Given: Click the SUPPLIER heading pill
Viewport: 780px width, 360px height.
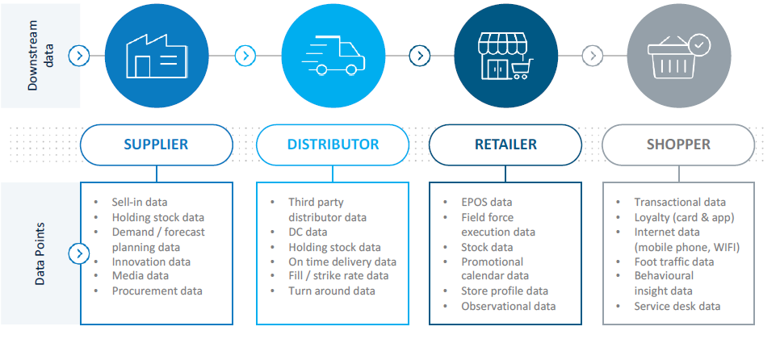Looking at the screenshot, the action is [156, 144].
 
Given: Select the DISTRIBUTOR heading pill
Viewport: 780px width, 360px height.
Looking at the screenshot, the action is [333, 144].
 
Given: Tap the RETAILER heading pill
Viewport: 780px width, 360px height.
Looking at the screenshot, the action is [505, 144].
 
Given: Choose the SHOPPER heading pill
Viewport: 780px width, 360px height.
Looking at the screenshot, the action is [678, 144].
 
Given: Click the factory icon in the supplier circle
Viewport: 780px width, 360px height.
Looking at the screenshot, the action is [157, 57].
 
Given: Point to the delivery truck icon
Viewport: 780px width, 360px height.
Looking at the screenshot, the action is [333, 55].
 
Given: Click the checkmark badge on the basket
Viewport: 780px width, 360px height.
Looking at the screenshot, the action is [699, 45].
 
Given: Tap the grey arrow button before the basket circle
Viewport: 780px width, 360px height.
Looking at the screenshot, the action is [592, 56].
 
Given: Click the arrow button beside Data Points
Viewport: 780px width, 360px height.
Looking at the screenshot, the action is [79, 254].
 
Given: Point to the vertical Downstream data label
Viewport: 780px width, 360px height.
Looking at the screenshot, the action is [40, 56].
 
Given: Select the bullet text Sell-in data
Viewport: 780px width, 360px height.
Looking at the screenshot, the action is [139, 202].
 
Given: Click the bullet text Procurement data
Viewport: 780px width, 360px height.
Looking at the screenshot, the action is [157, 291].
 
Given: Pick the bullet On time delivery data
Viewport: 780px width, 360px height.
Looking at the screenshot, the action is [342, 262].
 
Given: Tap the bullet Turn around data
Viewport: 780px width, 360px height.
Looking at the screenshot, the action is [331, 291].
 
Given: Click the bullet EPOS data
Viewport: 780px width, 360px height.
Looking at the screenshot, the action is [487, 202].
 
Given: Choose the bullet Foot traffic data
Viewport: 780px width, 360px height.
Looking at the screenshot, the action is [674, 262].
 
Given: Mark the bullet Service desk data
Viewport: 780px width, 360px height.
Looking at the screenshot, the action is [677, 306].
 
